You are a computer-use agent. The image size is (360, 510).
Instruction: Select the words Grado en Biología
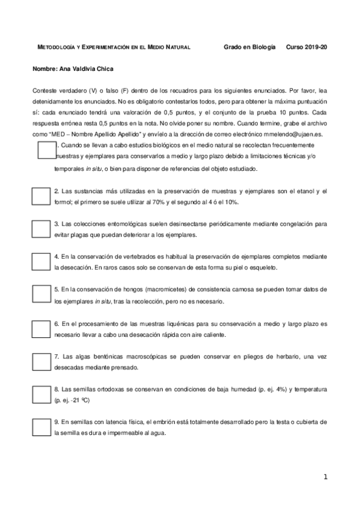(x=249, y=46)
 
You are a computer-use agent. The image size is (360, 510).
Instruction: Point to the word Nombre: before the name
(x=45, y=69)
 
